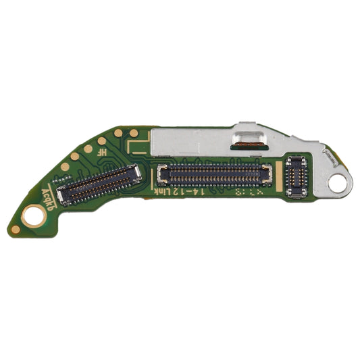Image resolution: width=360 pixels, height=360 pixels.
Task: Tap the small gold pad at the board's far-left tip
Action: click(x=15, y=230)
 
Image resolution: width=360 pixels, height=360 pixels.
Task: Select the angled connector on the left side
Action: click(x=100, y=184)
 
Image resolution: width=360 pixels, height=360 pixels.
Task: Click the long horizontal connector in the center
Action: click(x=215, y=175)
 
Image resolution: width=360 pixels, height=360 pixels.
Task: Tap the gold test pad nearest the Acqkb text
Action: click(x=65, y=166)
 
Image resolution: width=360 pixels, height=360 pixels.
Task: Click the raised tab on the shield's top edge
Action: click(x=247, y=126)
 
